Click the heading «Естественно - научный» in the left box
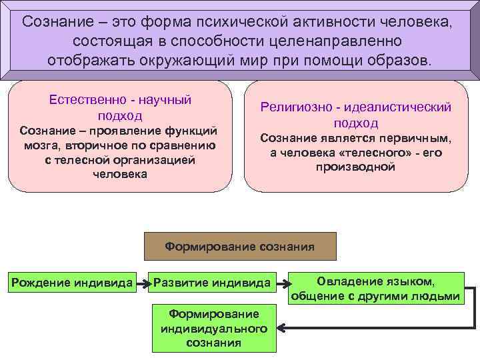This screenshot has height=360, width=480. click(121, 99)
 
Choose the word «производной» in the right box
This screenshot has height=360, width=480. click(355, 167)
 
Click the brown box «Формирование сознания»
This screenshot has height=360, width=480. click(240, 246)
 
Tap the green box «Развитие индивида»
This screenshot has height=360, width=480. click(211, 282)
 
